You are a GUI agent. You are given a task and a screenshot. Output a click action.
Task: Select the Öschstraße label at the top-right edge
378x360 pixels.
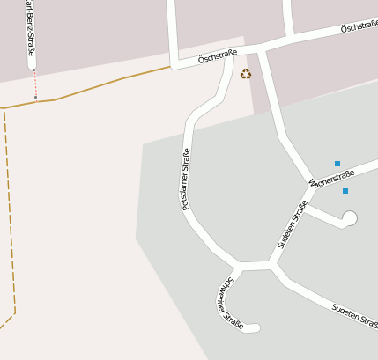[x=359, y=28]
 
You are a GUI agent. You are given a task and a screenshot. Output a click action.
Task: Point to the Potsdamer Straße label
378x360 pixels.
[x=186, y=179]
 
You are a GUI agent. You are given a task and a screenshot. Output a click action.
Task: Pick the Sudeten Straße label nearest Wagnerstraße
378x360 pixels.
[x=293, y=224]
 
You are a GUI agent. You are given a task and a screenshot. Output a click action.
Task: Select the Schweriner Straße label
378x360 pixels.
[x=228, y=303]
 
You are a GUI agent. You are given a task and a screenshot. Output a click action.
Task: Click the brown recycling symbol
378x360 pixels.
[x=246, y=74]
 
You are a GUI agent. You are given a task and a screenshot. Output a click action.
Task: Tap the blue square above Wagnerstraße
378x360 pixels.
[x=337, y=163]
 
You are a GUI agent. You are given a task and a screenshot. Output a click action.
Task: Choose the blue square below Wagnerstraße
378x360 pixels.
[x=345, y=191]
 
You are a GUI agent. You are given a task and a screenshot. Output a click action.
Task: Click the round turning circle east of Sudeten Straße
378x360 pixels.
[x=349, y=218]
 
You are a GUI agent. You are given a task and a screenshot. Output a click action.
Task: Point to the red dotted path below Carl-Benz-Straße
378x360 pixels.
[x=35, y=84]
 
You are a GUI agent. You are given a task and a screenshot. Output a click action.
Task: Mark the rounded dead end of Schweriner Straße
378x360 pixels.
[x=255, y=328]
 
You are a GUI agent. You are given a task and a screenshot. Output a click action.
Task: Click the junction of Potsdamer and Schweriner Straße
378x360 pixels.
[x=238, y=266]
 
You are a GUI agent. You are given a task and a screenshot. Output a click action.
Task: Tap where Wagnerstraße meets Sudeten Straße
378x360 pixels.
[x=311, y=185]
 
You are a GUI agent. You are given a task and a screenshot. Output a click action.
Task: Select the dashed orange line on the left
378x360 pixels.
[x=9, y=211]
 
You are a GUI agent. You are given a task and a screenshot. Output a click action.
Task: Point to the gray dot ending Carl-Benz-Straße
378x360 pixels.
[x=33, y=69]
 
